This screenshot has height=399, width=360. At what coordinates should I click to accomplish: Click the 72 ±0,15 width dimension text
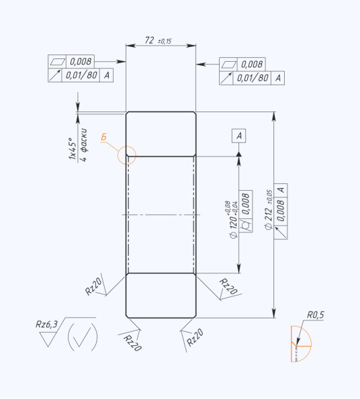tap(158, 40)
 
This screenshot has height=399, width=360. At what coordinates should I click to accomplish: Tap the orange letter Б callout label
tap(103, 137)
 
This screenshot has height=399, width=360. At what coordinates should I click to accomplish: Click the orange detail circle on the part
tap(127, 146)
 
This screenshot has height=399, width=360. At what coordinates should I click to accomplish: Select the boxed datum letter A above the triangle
tap(238, 136)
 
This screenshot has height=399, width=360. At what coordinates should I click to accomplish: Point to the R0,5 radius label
tap(316, 315)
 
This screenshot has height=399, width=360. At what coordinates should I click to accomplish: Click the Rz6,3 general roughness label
tap(46, 324)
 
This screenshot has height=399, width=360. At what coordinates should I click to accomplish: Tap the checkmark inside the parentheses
tap(82, 336)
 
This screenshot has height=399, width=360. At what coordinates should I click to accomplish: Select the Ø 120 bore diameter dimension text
tap(233, 220)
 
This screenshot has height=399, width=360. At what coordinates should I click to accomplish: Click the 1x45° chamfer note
tap(73, 148)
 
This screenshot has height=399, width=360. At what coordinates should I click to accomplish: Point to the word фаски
tap(83, 140)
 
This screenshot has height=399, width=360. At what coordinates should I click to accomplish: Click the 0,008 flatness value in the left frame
tap(81, 61)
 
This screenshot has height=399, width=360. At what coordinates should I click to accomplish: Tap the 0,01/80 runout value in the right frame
tap(253, 78)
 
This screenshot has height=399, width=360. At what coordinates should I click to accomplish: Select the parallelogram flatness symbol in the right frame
tap(228, 64)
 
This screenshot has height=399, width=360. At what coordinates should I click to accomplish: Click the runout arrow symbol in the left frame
tap(55, 75)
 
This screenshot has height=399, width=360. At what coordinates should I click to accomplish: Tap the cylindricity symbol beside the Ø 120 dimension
tap(246, 225)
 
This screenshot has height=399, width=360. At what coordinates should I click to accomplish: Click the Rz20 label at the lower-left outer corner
tap(132, 343)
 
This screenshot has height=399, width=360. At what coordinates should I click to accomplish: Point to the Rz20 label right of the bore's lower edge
tap(228, 286)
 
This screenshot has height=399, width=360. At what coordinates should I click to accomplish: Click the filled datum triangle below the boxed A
tap(238, 154)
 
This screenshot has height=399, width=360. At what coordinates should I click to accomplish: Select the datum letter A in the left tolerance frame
tap(107, 75)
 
